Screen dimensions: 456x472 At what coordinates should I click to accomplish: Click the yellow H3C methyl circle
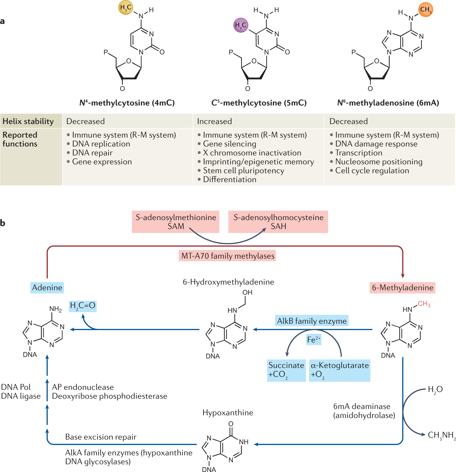[x=126, y=7]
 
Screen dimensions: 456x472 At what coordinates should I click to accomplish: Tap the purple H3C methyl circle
[x=241, y=25]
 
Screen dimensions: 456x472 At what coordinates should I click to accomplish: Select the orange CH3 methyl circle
[x=426, y=10]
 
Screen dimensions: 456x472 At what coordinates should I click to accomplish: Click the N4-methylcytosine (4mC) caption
[x=127, y=103]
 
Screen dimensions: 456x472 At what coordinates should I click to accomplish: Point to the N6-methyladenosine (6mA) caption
[x=388, y=103]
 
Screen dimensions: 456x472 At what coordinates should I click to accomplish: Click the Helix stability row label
[x=28, y=121]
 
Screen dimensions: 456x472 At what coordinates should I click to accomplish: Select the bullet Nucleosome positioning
[x=376, y=162]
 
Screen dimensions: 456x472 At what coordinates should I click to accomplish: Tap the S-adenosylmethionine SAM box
[x=176, y=222]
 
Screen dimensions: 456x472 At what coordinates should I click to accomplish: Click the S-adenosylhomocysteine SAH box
[x=278, y=222]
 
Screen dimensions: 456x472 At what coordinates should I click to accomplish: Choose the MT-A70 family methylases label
[x=228, y=256]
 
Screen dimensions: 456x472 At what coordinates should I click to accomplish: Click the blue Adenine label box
[x=47, y=288]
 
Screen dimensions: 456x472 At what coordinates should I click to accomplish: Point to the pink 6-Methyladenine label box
[x=403, y=288]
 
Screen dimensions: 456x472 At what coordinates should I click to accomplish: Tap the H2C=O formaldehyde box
[x=83, y=306]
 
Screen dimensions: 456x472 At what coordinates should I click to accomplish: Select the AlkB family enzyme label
[x=312, y=321]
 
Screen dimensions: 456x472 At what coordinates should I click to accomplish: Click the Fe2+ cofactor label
[x=314, y=340]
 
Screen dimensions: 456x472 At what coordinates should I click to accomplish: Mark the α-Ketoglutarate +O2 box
[x=340, y=370]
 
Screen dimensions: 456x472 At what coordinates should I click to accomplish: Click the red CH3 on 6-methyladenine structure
[x=424, y=304]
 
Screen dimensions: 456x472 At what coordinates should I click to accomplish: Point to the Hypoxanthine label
[x=228, y=413]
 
